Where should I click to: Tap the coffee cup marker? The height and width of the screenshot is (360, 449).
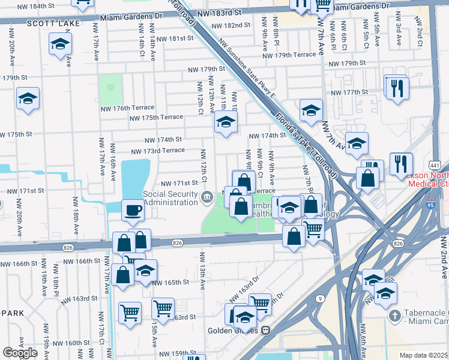pos(133,211)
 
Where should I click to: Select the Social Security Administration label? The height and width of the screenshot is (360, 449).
pos(170,198)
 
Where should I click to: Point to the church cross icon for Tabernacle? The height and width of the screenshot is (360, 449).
pos(394,315)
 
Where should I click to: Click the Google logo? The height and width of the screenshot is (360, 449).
pos(20,353)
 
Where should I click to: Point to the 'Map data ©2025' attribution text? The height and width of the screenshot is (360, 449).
pos(423,355)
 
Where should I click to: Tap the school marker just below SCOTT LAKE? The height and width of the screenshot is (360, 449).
pos(60,45)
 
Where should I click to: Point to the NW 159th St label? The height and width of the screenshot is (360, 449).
pos(158,353)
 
